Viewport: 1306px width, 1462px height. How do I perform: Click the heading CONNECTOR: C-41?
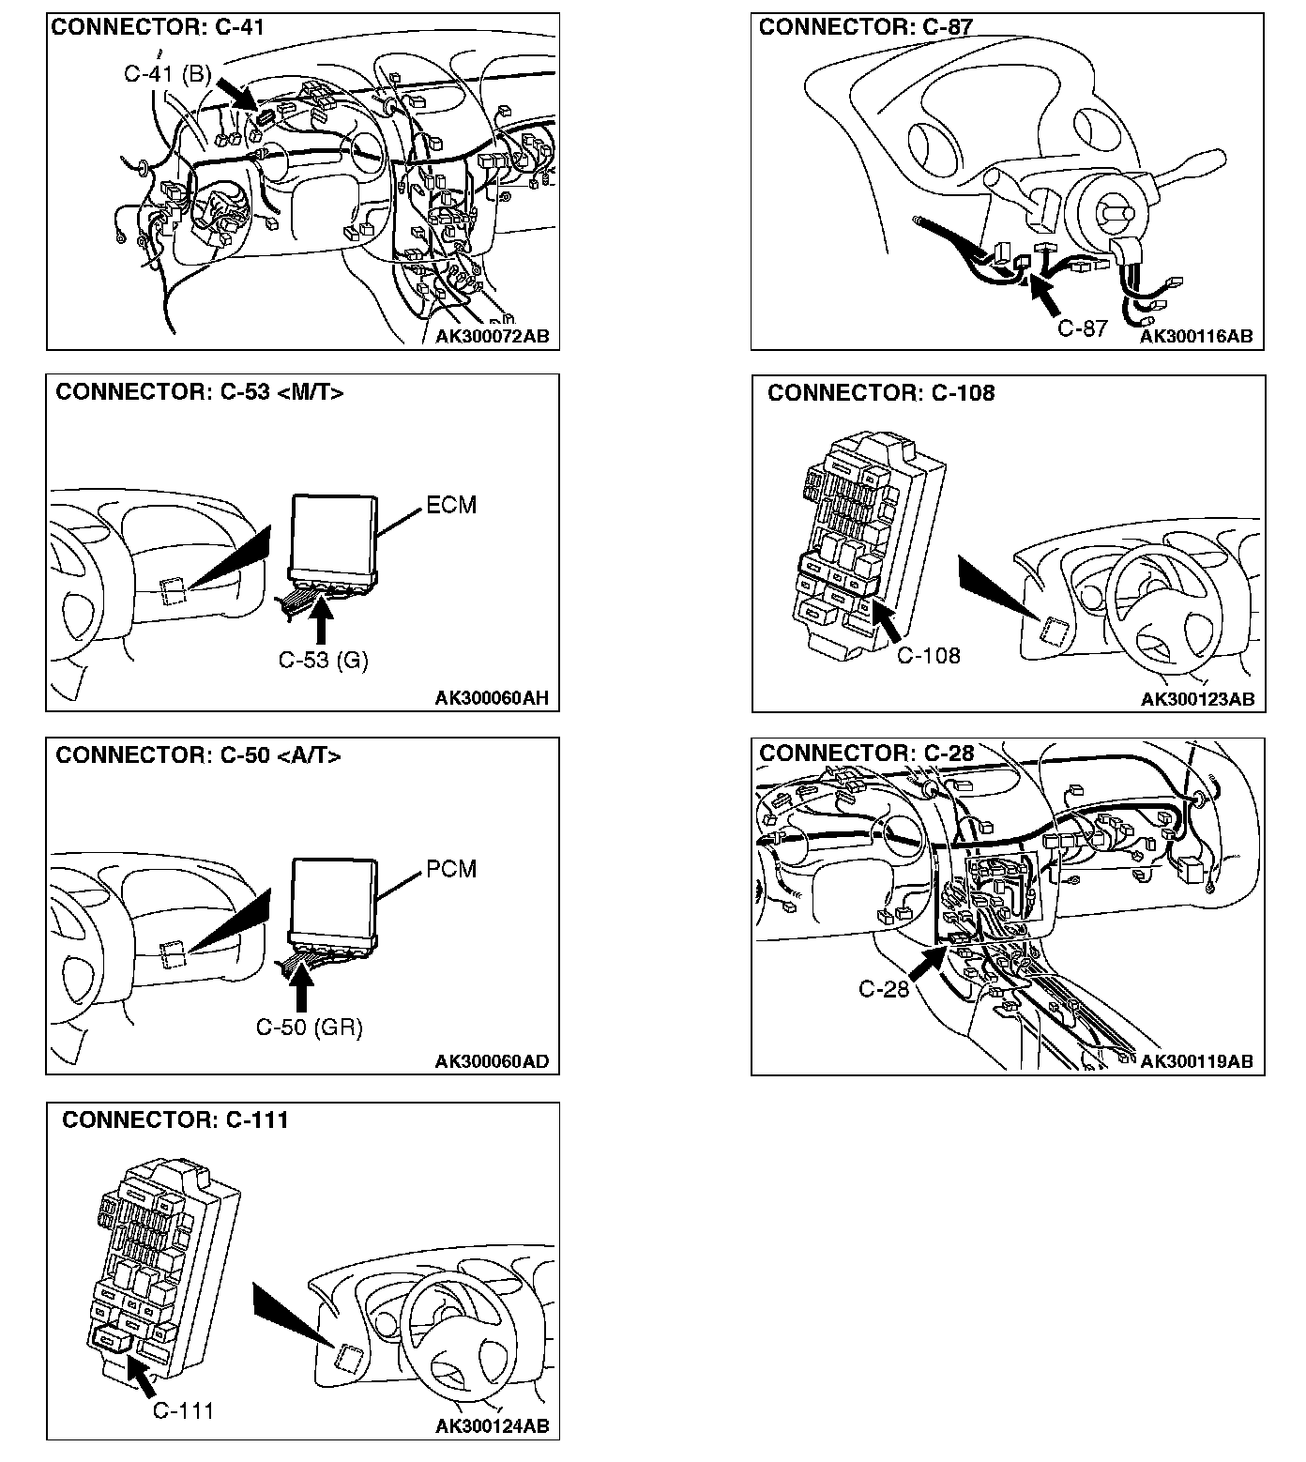[x=158, y=27]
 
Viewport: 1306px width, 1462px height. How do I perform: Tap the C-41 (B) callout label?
[x=167, y=74]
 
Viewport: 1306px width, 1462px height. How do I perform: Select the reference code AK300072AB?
[x=492, y=336]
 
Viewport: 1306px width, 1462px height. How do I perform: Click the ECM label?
[x=451, y=506]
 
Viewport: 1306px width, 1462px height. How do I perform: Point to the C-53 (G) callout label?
[x=323, y=661]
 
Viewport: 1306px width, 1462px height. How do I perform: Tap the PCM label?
[x=451, y=870]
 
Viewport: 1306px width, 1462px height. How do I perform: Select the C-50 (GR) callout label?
[x=310, y=1028]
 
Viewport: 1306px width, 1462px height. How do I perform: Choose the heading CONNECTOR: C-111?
[x=175, y=1119]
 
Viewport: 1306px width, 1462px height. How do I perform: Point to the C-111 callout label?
[x=183, y=1410]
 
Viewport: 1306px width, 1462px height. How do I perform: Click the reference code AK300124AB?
[x=492, y=1426]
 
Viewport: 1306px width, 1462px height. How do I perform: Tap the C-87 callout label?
[x=1083, y=328]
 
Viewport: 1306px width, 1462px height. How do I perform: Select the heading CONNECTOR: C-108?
[x=881, y=393]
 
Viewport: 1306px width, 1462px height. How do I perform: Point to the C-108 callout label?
[x=929, y=655]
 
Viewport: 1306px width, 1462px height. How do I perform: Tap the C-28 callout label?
[x=884, y=989]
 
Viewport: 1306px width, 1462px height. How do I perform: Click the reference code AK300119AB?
[x=1196, y=1061]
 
